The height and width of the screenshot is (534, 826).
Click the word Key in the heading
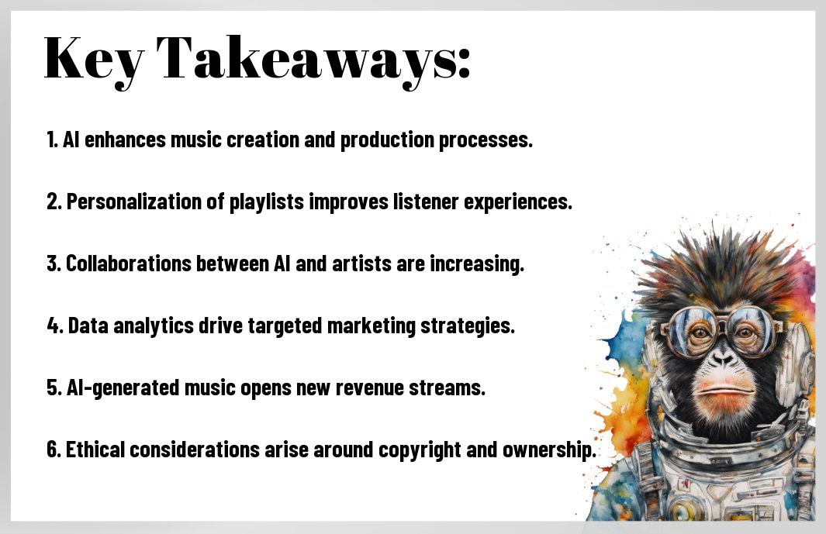94,60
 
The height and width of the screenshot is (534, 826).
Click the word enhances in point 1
125,140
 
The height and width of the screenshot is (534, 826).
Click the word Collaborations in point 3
128,264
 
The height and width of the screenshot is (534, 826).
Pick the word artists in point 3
361,264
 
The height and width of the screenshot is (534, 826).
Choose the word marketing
372,326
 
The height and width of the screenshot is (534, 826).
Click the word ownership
549,450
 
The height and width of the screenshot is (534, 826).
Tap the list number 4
54,326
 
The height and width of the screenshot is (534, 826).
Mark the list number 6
54,450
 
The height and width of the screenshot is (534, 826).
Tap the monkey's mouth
724,391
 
